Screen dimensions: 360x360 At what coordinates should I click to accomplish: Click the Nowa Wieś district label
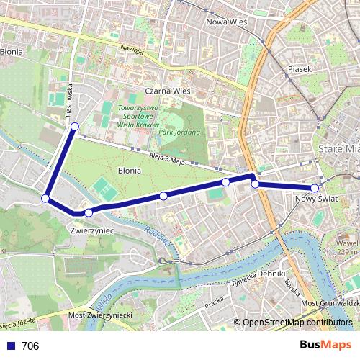tap(227, 22)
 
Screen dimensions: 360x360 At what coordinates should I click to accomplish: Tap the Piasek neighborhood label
tap(298, 69)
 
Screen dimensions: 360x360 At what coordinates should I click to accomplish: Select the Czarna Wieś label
tap(166, 91)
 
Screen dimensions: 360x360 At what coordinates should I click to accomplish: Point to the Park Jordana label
tap(180, 132)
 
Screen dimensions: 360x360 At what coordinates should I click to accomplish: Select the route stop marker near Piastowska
tap(75, 127)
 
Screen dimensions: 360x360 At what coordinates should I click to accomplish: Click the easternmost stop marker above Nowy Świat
tap(315, 188)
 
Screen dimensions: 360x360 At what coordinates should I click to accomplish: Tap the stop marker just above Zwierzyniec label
tap(89, 212)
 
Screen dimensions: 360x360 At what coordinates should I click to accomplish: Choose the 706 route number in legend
tap(30, 346)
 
